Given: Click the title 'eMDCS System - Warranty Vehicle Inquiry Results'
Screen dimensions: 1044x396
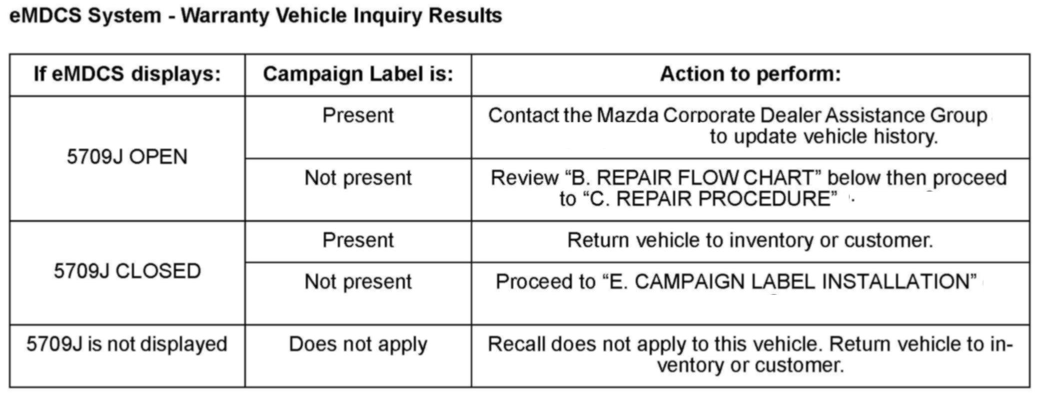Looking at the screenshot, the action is click(x=255, y=15).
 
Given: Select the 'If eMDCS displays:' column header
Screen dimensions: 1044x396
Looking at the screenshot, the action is click(x=127, y=74).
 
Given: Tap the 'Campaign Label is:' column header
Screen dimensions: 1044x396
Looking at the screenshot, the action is click(x=358, y=74).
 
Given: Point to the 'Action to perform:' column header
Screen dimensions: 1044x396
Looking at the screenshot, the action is click(x=750, y=74).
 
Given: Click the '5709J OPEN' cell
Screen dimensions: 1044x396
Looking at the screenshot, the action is click(x=127, y=157).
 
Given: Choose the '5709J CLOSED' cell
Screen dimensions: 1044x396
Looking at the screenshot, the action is click(x=127, y=271).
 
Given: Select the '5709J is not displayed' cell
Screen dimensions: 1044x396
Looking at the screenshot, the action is click(x=127, y=344).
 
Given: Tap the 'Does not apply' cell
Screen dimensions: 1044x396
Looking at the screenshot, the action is click(x=358, y=344).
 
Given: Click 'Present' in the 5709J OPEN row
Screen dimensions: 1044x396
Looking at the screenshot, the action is click(x=358, y=115).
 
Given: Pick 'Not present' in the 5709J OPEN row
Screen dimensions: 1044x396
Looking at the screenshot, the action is click(x=358, y=178).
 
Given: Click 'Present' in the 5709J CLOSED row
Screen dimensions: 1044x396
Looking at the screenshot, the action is click(x=358, y=240).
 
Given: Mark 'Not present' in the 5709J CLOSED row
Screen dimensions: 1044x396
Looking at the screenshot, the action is click(x=358, y=282).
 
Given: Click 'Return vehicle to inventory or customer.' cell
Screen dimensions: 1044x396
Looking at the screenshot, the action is click(x=750, y=240).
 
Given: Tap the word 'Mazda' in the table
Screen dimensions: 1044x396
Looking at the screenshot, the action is click(x=627, y=115).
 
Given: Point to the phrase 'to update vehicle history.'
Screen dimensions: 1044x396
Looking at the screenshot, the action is click(x=824, y=136).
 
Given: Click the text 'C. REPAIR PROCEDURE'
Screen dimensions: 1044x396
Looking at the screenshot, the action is click(x=710, y=199).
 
